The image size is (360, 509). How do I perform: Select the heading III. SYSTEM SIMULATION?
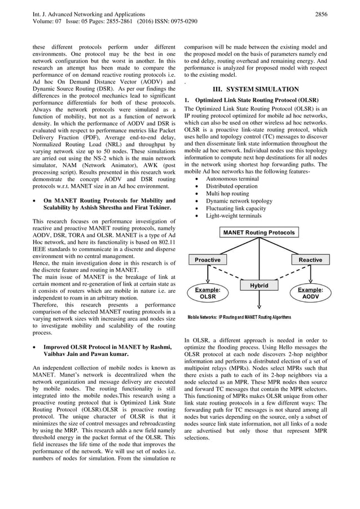[255, 89]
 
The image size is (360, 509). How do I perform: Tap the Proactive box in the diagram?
[208, 260]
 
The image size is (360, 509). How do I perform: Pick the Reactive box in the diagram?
[310, 260]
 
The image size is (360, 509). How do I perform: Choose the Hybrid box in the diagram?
[259, 286]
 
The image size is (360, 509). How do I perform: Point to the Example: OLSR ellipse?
[208, 293]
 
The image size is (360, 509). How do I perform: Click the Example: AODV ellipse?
[310, 293]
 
